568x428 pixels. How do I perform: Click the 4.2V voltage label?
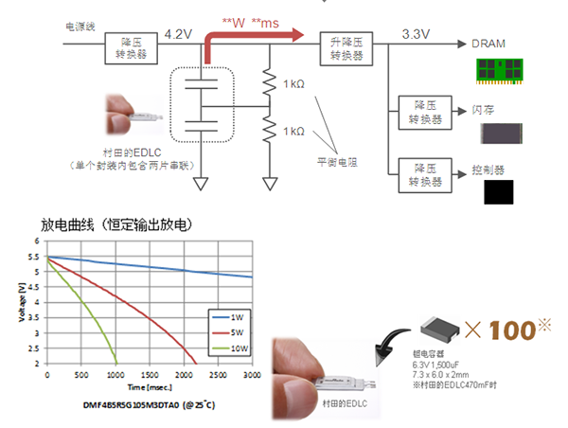(178, 34)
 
